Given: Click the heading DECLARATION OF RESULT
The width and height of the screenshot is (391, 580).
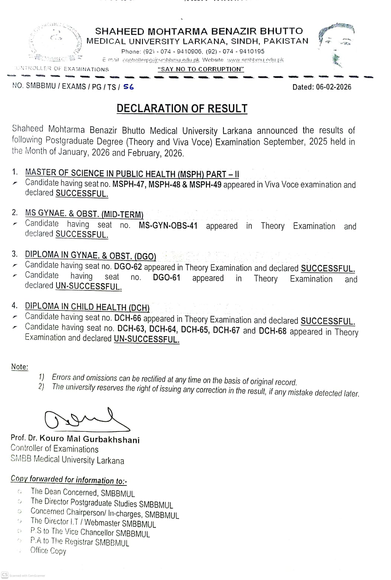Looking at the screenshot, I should point(182,108).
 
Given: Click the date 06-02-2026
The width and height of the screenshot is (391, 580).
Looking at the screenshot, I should point(333,87).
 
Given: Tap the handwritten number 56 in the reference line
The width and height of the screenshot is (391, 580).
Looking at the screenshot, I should point(128,87).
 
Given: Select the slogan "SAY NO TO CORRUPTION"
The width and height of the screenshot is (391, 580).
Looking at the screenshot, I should point(201,69).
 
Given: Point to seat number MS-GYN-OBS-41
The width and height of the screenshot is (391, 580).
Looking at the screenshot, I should point(168,226).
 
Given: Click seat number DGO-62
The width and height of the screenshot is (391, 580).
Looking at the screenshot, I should point(128,267).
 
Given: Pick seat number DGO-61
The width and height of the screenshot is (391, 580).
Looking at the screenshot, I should point(167,278).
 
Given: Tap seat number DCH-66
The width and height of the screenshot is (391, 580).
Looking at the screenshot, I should point(128,318).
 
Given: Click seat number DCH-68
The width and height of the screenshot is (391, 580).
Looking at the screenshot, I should point(272,331).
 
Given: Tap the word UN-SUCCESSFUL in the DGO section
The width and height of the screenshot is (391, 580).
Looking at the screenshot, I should point(88,287).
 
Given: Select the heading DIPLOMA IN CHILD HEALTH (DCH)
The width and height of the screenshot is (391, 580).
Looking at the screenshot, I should point(87,307).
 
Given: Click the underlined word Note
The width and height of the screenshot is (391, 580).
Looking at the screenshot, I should point(19,367).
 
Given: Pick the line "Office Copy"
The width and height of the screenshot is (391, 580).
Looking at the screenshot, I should point(48,551).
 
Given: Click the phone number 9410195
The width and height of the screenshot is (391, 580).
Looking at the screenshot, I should point(252,51).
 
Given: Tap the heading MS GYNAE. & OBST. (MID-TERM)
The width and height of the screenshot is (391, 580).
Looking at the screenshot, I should point(84,214).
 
